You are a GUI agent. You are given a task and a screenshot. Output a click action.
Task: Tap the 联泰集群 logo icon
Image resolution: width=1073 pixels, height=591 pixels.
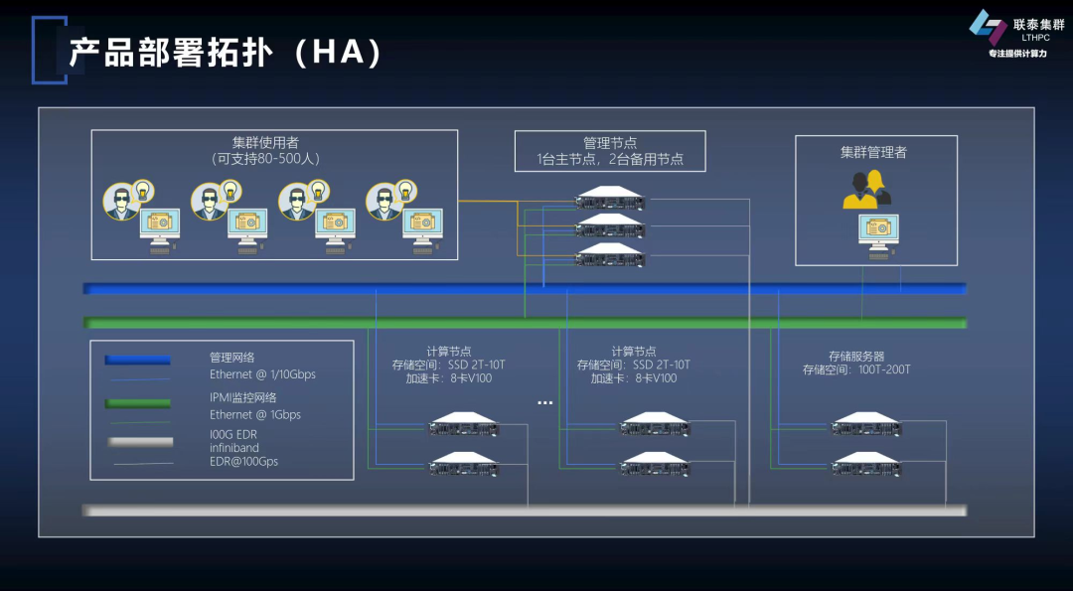[986, 26]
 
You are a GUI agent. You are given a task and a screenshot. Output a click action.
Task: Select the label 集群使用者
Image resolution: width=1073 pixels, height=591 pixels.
[265, 142]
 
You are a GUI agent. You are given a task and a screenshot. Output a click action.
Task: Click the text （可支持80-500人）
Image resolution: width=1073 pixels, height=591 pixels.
[265, 158]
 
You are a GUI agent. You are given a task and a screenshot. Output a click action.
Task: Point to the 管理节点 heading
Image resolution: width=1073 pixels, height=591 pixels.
[609, 143]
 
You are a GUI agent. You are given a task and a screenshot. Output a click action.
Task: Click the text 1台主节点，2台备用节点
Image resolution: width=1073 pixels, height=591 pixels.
[609, 159]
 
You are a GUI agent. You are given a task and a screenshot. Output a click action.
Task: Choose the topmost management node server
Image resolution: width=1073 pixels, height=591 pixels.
[610, 200]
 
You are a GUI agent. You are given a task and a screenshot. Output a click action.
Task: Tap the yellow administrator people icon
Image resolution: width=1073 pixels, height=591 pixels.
[863, 190]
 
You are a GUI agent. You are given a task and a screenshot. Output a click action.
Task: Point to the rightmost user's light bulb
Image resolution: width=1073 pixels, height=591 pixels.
[404, 190]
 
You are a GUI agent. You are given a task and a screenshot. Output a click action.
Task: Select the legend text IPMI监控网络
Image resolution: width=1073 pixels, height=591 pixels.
[242, 397]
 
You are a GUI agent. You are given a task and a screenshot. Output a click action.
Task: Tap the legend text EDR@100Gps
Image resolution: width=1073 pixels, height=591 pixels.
[243, 462]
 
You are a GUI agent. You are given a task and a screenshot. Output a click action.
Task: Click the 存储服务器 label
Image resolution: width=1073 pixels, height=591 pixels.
[856, 355]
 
